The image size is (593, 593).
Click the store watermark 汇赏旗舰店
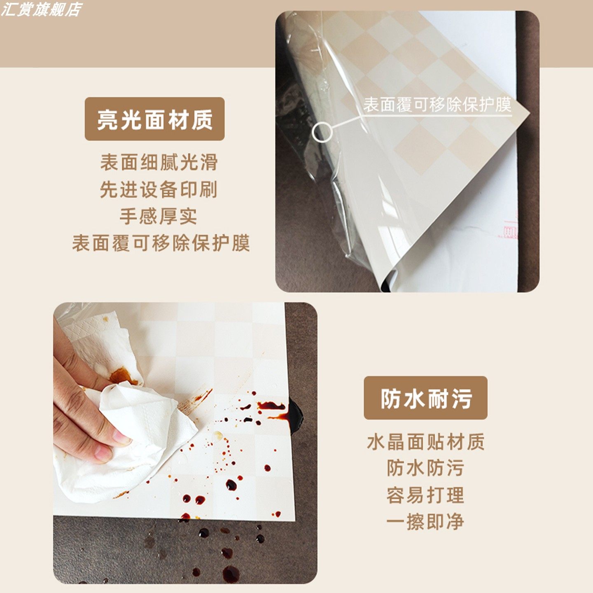41,9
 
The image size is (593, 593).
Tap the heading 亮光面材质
154,119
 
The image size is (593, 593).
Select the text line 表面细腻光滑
159,162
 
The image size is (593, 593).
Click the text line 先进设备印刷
159,189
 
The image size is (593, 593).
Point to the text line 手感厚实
159,217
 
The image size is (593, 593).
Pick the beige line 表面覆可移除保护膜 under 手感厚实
161,243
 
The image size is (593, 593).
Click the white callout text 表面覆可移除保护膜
437,105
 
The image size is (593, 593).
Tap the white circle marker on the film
322,132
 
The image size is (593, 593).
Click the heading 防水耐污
425,398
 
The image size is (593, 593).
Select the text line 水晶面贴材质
425,442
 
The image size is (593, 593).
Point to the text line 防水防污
425,468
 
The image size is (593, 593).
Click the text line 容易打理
425,495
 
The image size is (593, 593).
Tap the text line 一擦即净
425,522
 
